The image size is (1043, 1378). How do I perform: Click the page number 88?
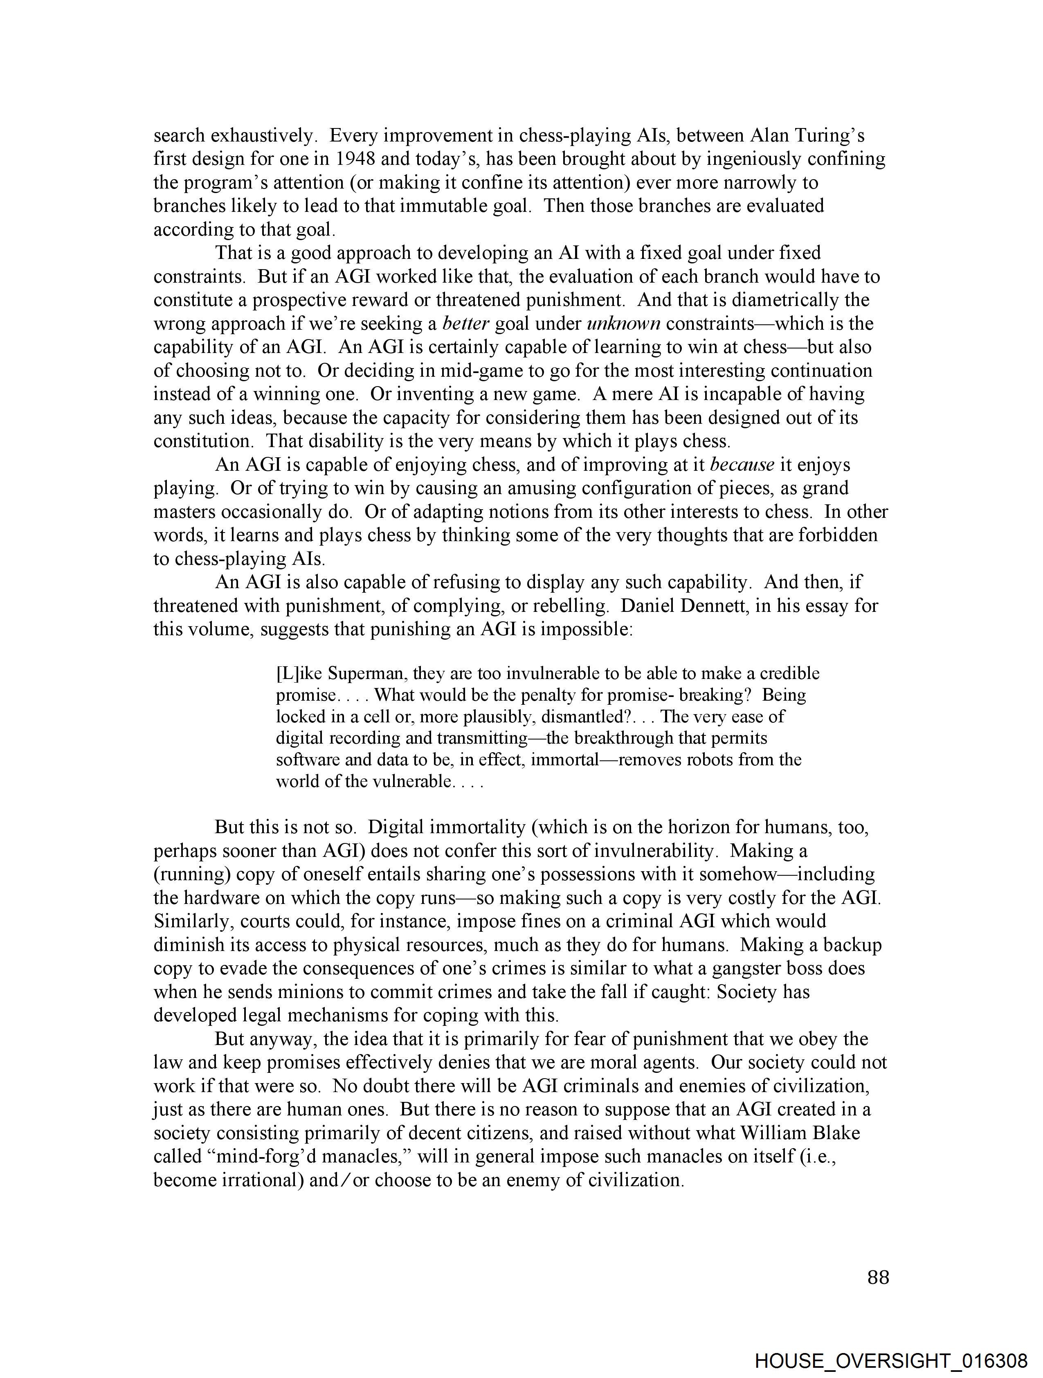877,1278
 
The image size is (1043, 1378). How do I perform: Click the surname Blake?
834,1133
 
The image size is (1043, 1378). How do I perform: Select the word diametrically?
787,300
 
